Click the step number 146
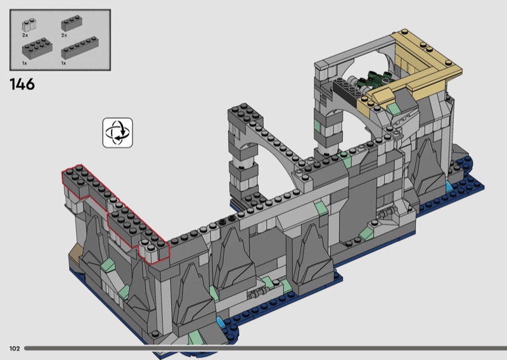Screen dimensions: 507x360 point(22,84)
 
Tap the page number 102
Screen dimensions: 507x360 point(15,349)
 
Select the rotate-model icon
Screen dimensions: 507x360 point(118,133)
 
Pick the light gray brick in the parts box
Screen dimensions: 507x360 point(29,25)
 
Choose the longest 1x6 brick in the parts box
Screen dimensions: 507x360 point(80,48)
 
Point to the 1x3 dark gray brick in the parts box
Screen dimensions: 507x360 point(72,23)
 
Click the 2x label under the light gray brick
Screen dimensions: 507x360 point(25,35)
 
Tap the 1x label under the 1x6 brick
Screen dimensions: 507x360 point(64,63)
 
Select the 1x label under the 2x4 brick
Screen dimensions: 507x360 point(25,63)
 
